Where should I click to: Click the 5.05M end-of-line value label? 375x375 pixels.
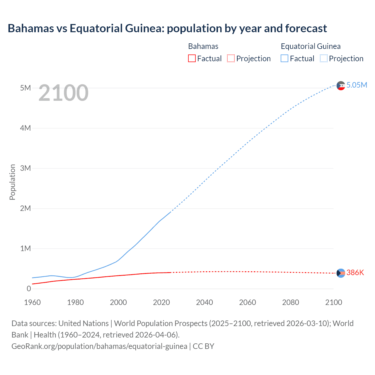(x=357, y=85)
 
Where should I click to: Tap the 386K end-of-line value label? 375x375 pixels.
(x=355, y=273)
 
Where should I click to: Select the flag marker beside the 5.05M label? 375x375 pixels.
(x=341, y=86)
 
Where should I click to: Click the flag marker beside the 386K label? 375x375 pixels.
(x=341, y=273)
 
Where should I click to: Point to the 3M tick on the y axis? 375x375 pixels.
(x=25, y=168)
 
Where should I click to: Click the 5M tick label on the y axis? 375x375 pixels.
(x=25, y=88)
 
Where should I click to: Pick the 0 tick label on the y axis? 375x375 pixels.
(x=29, y=289)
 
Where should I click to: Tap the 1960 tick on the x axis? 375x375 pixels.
(x=33, y=302)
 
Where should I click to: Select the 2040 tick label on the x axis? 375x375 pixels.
(x=204, y=302)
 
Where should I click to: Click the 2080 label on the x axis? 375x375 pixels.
(x=291, y=302)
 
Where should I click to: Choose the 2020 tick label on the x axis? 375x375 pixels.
(x=161, y=302)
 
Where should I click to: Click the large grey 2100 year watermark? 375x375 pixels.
(x=63, y=93)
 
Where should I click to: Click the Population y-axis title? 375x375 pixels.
(x=12, y=182)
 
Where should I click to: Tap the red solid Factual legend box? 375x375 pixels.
(x=192, y=58)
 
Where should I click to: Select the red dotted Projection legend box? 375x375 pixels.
(x=231, y=58)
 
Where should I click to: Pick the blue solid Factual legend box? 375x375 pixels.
(x=284, y=58)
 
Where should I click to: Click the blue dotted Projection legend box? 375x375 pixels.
(x=324, y=58)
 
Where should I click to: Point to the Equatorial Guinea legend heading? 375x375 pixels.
(x=311, y=46)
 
